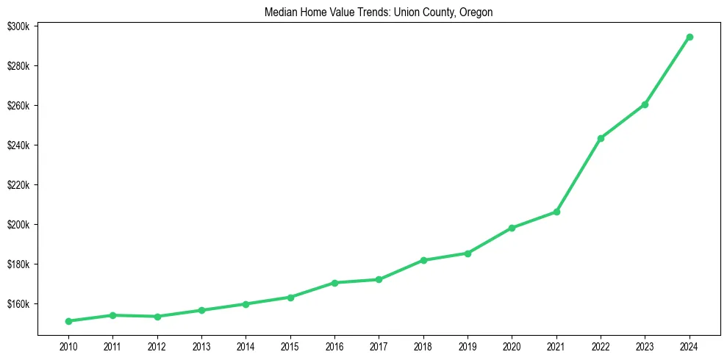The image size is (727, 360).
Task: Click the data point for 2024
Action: click(x=690, y=37)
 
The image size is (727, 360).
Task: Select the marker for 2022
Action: click(x=601, y=138)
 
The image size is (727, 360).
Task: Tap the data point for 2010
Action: click(x=68, y=321)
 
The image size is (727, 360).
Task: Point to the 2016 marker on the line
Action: click(x=334, y=283)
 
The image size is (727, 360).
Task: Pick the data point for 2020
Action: click(x=512, y=228)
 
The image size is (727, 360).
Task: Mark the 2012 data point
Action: click(x=157, y=317)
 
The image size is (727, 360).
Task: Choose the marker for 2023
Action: click(x=645, y=104)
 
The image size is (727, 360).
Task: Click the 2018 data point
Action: click(x=423, y=260)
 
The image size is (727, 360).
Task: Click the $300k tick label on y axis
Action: click(x=18, y=26)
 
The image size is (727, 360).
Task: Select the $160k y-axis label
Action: click(x=18, y=304)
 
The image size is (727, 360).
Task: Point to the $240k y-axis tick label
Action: click(x=18, y=145)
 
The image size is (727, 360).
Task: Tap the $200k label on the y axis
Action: click(x=18, y=225)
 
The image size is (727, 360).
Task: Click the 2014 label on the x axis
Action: click(x=246, y=345)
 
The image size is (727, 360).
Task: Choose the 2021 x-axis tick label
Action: click(x=556, y=345)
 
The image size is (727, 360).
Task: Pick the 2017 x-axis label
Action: click(x=379, y=345)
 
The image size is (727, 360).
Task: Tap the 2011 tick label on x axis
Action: click(x=112, y=345)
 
